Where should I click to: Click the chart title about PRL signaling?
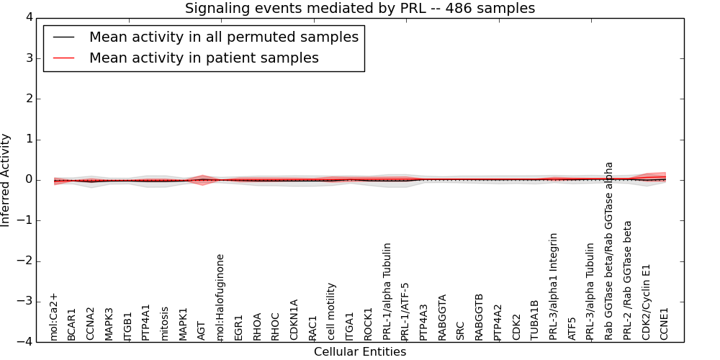(360, 9)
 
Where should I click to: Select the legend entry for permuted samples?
(223, 37)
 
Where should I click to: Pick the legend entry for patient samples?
(203, 58)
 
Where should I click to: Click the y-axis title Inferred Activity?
(6, 180)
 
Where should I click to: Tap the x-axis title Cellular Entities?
(360, 352)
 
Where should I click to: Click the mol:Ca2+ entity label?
(53, 316)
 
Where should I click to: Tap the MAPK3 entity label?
(109, 324)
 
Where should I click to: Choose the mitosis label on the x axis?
(165, 323)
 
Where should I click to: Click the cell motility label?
(332, 311)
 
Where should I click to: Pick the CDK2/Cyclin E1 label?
(647, 302)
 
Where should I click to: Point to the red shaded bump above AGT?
(202, 176)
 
